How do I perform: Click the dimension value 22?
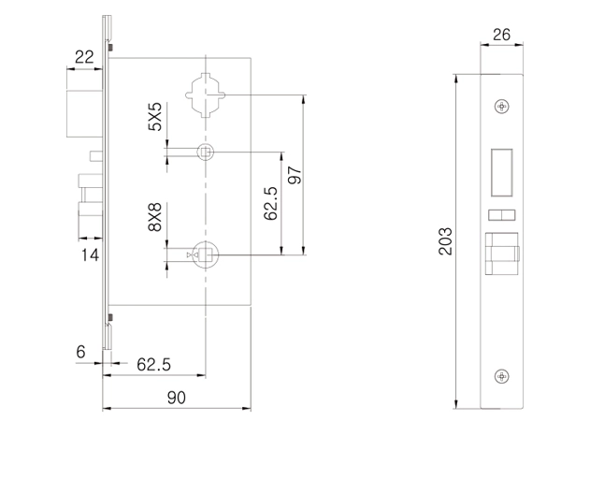click(x=84, y=57)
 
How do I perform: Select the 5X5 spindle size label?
click(x=155, y=116)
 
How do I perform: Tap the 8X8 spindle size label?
click(x=155, y=217)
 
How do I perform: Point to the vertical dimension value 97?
click(x=295, y=175)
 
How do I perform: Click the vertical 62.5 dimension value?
click(x=270, y=203)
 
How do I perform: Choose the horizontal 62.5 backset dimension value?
click(x=153, y=365)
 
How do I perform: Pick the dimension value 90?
click(x=177, y=398)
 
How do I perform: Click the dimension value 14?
click(x=91, y=255)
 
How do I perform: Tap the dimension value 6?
click(x=81, y=352)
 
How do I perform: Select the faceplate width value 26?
click(x=501, y=35)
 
